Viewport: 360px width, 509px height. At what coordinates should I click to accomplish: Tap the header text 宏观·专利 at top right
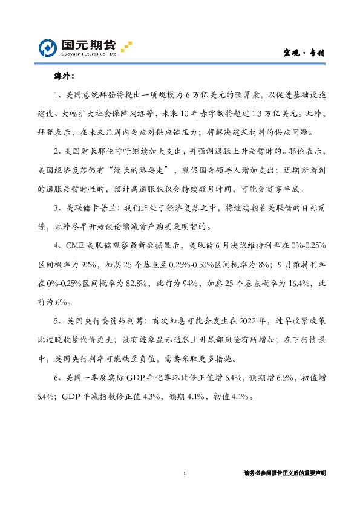(x=305, y=53)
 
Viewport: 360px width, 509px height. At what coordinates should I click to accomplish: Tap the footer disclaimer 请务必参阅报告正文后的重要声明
(x=284, y=473)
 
